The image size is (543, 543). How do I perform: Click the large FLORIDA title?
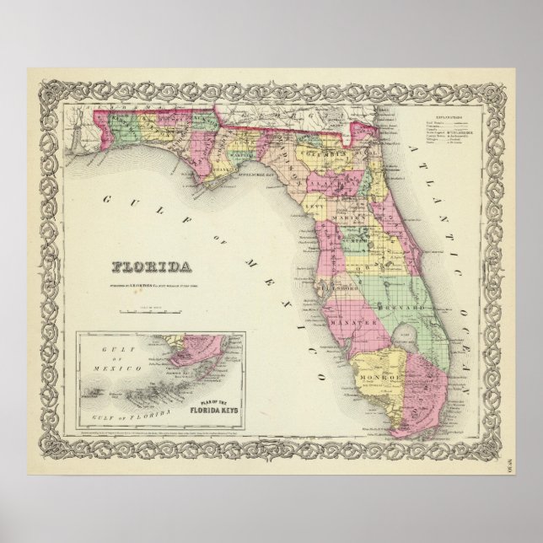click(x=151, y=268)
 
